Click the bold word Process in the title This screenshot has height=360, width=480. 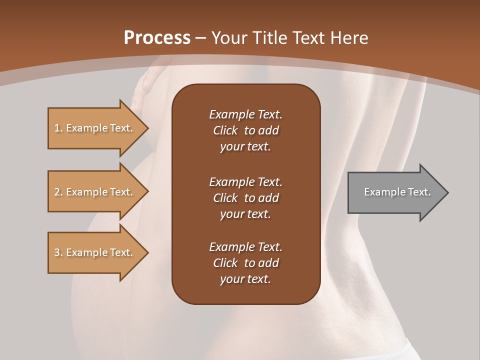point(157,38)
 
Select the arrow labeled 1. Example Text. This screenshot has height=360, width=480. point(95,128)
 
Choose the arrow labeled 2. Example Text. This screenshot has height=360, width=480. point(95,192)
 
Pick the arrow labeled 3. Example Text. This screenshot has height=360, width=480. point(95,252)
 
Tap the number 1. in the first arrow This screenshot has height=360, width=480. point(58,128)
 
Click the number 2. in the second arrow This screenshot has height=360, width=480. point(58,192)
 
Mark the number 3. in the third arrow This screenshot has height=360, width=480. point(58,252)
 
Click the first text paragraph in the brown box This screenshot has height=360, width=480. point(245,130)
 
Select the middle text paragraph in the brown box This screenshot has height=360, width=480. point(245,197)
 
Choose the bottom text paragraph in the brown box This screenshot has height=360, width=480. point(245,263)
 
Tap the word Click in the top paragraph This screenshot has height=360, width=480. point(225,130)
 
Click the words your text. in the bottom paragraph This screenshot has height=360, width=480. point(245,279)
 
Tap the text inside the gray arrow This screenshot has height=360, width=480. point(397,192)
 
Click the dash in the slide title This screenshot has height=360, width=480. point(201,38)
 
